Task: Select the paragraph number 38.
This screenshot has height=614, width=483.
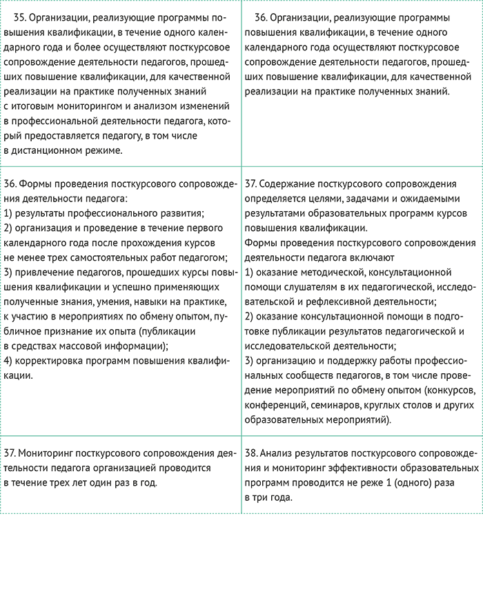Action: coord(251,453)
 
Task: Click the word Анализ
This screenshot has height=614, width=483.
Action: coord(279,453)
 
